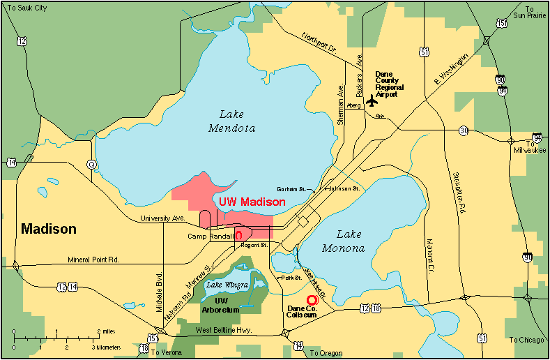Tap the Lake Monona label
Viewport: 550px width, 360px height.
point(344,241)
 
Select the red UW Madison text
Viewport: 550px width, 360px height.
point(252,202)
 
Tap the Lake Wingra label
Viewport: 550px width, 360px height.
point(224,283)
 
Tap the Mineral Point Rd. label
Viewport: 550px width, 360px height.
point(94,260)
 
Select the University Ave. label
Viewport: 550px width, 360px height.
point(162,218)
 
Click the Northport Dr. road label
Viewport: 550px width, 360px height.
point(319,43)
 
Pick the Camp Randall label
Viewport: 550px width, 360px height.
point(209,237)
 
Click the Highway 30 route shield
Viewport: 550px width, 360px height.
point(464,130)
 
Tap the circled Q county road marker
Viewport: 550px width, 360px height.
point(91,164)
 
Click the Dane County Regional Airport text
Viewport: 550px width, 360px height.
point(386,84)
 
